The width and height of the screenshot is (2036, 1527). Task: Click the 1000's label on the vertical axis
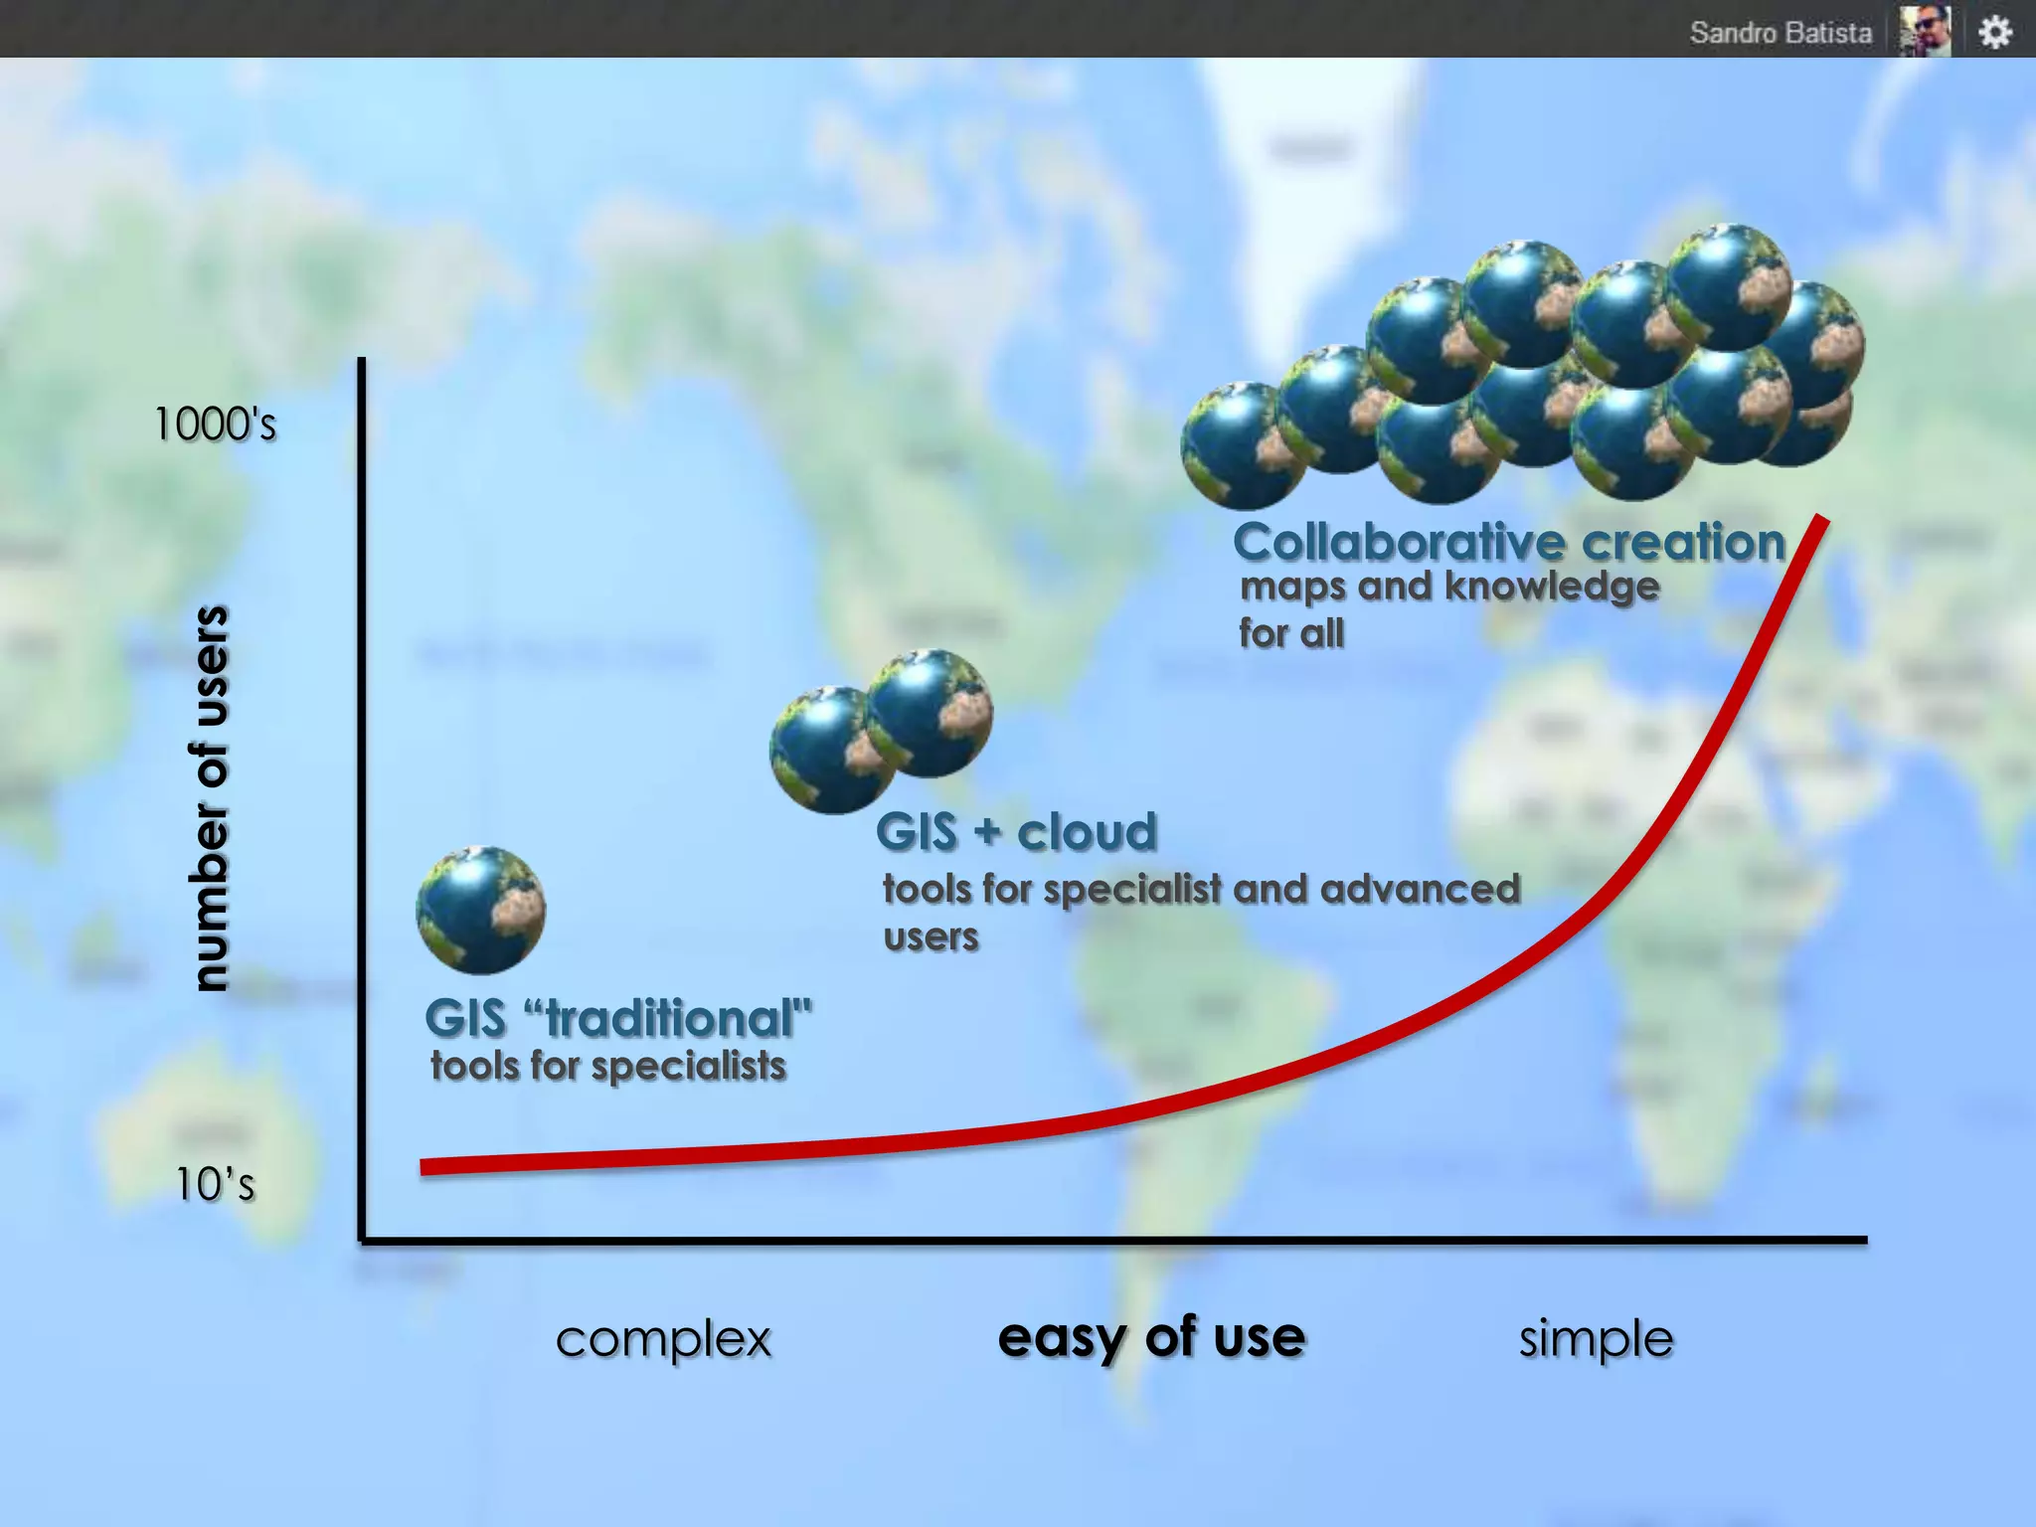pyautogui.click(x=215, y=424)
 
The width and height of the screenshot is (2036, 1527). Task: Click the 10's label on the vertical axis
pyautogui.click(x=215, y=1184)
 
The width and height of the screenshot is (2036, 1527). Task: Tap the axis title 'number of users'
pyautogui.click(x=210, y=798)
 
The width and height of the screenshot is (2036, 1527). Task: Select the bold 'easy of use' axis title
pyautogui.click(x=1151, y=1337)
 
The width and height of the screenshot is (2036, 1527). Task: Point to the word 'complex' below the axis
pyautogui.click(x=663, y=1339)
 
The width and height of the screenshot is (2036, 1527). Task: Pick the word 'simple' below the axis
pyautogui.click(x=1596, y=1339)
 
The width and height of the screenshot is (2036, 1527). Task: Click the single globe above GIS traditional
pyautogui.click(x=481, y=910)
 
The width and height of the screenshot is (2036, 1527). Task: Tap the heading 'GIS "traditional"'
pyautogui.click(x=618, y=1018)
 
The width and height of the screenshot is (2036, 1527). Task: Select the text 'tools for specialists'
pyautogui.click(x=608, y=1066)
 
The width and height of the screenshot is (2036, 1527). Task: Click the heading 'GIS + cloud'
pyautogui.click(x=1017, y=831)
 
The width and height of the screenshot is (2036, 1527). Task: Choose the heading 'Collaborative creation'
pyautogui.click(x=1509, y=543)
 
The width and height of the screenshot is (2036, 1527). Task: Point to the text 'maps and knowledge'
pyautogui.click(x=1449, y=587)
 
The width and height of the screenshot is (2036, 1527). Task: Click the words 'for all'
pyautogui.click(x=1291, y=633)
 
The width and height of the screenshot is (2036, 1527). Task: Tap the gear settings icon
pyautogui.click(x=1994, y=32)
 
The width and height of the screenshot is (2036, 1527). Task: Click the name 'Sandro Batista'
pyautogui.click(x=1781, y=33)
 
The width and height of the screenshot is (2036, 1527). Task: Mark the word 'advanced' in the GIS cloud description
pyautogui.click(x=1421, y=889)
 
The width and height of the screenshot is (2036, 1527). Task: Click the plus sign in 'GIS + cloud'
pyautogui.click(x=987, y=831)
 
